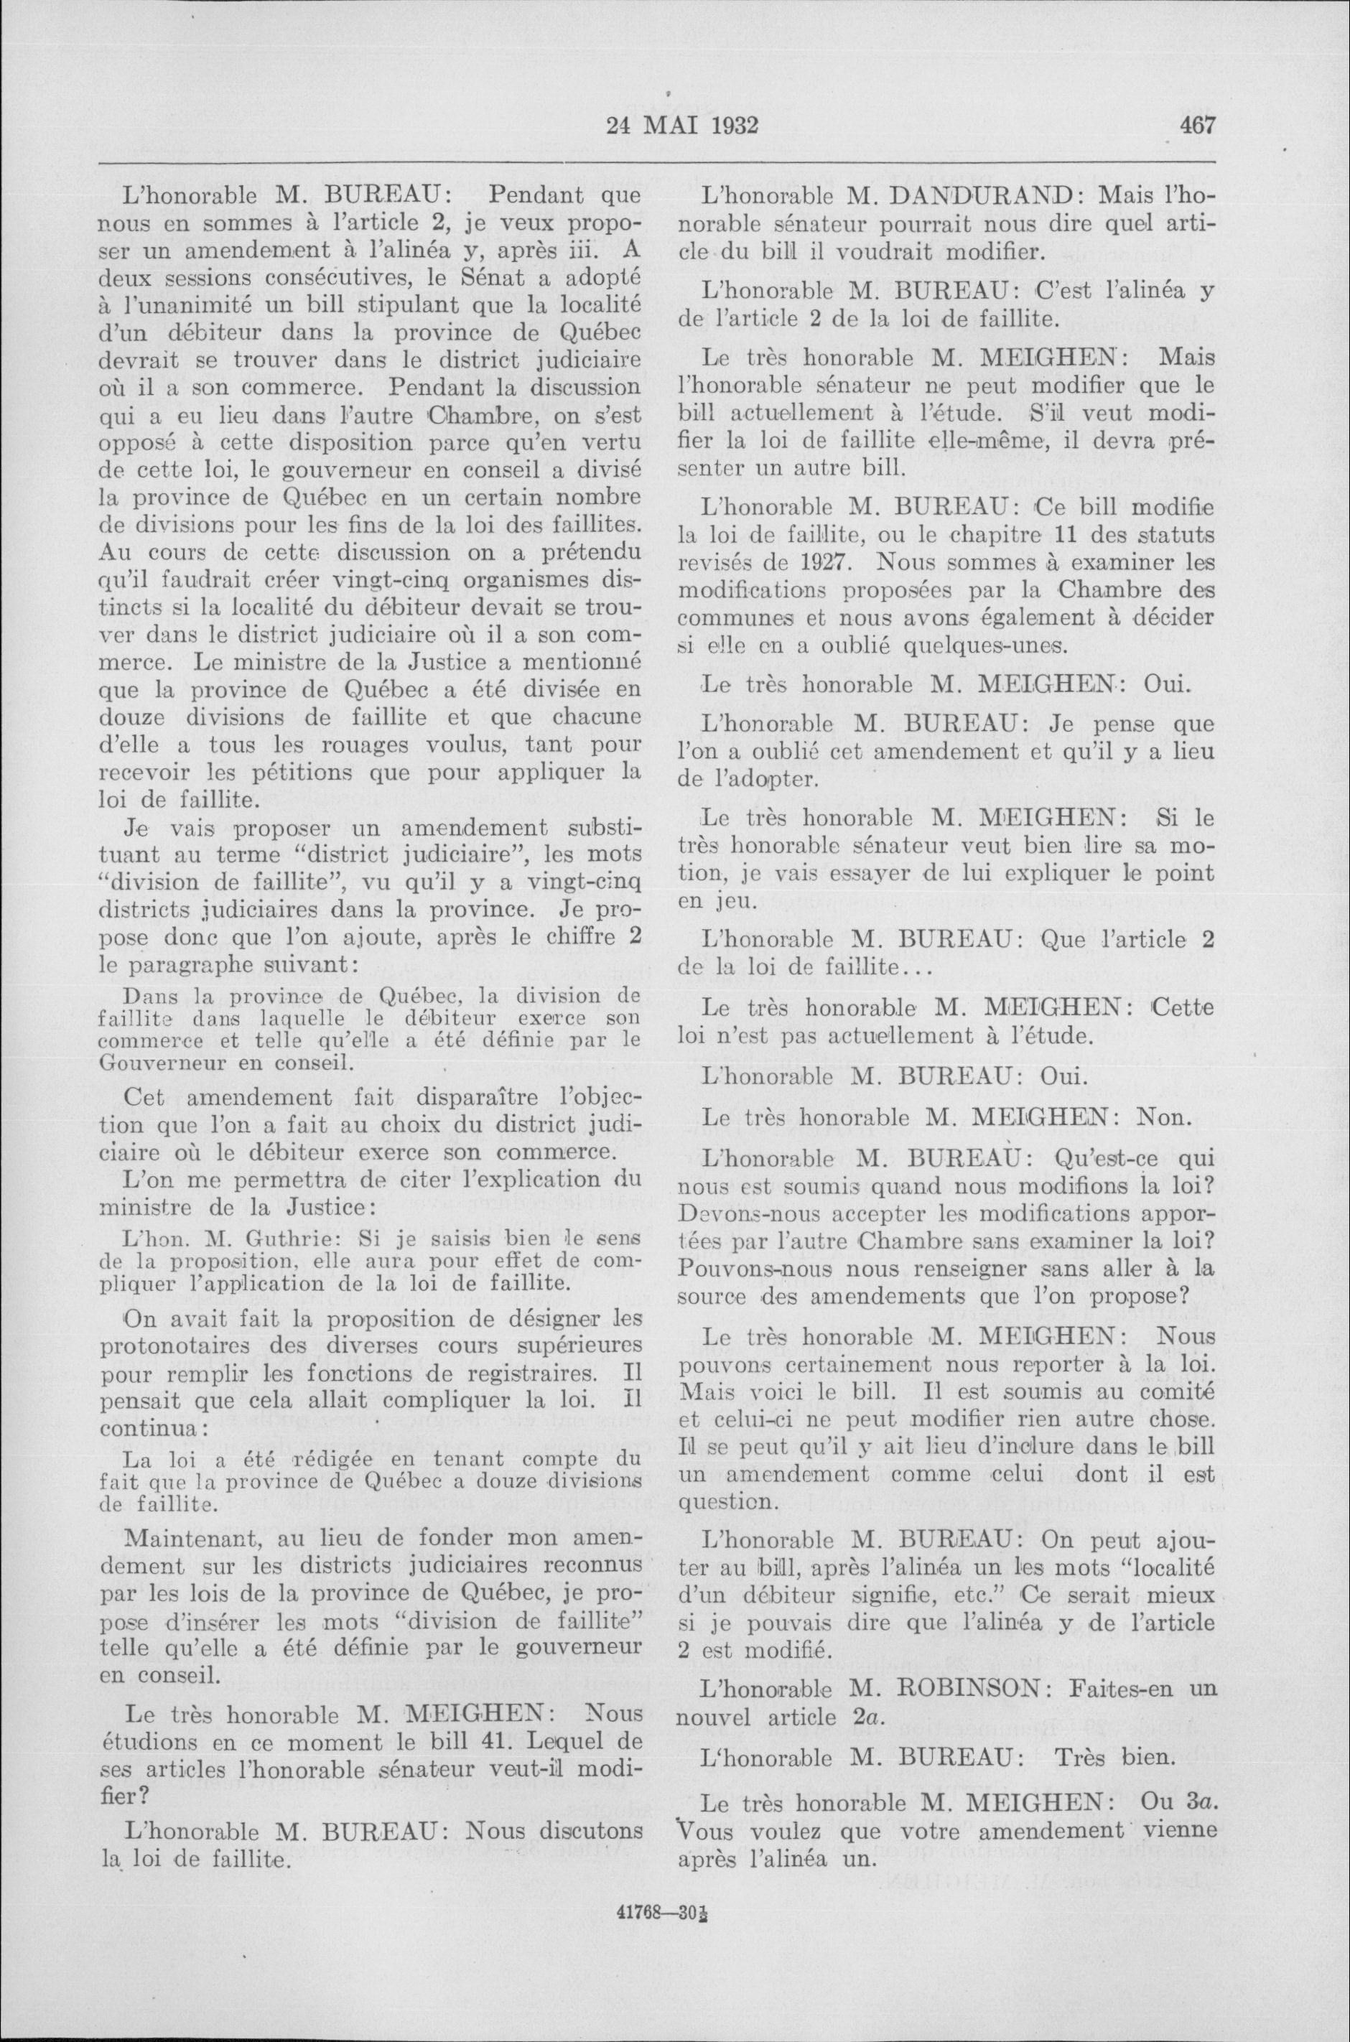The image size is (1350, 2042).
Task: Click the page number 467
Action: click(1197, 126)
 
